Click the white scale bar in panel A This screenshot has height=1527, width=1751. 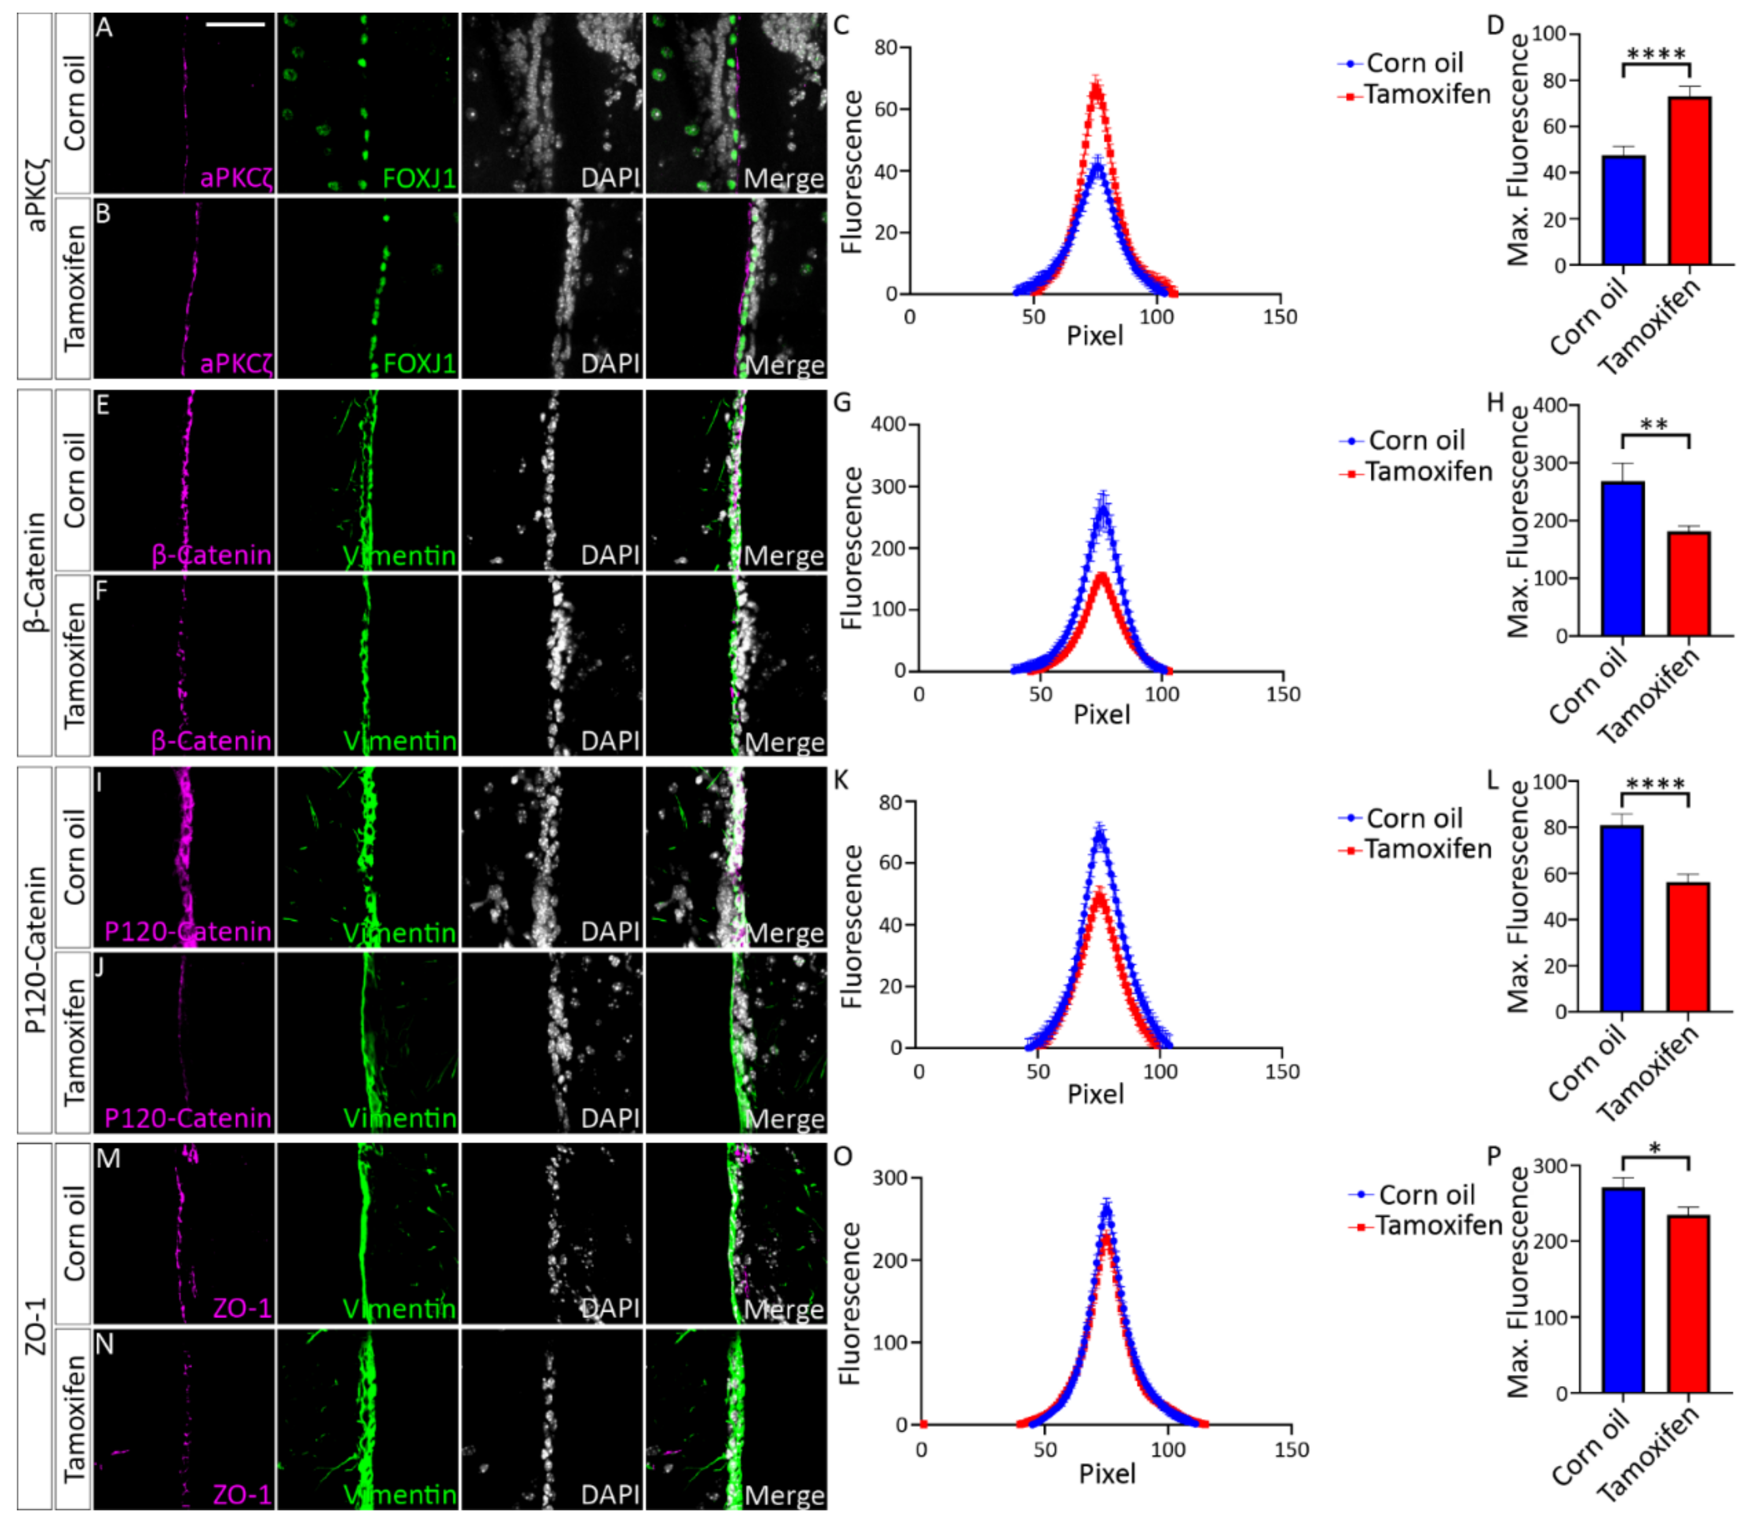pyautogui.click(x=235, y=24)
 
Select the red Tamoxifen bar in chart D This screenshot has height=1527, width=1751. pyautogui.click(x=1689, y=181)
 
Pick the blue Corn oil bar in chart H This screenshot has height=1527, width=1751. pyautogui.click(x=1622, y=558)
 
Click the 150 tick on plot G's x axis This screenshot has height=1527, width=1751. pyautogui.click(x=1282, y=694)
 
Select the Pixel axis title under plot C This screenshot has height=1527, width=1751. pyautogui.click(x=1095, y=336)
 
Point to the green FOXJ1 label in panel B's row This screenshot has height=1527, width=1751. pyautogui.click(x=419, y=364)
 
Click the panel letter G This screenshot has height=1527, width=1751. pyautogui.click(x=842, y=401)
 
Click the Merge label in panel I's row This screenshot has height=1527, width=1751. pyautogui.click(x=784, y=932)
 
